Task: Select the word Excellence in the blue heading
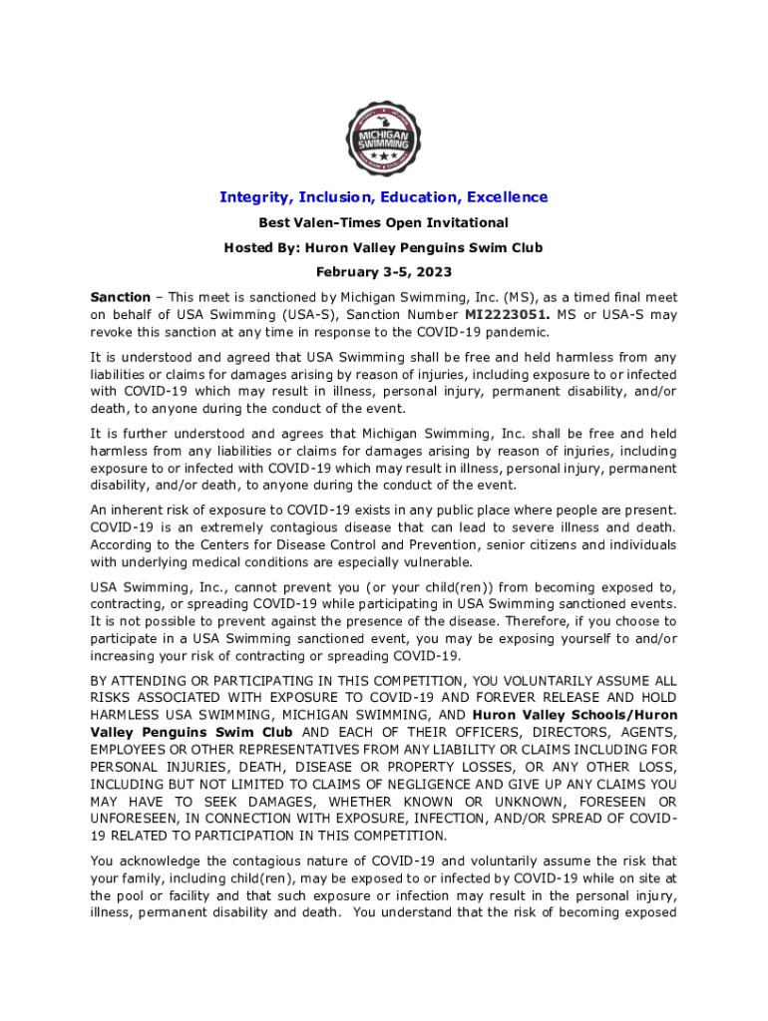coord(504,197)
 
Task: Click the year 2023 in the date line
coord(433,272)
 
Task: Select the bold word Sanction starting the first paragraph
coord(120,297)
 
